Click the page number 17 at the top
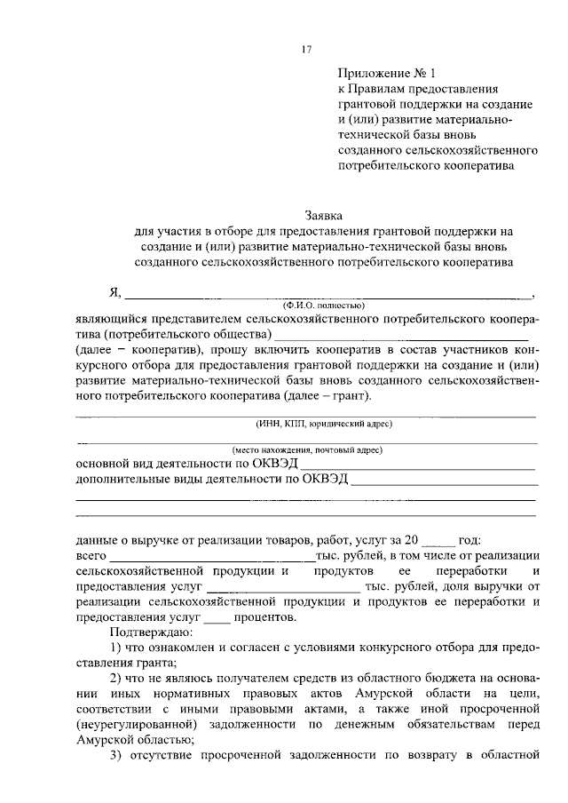click(307, 50)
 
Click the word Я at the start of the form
click(113, 293)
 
